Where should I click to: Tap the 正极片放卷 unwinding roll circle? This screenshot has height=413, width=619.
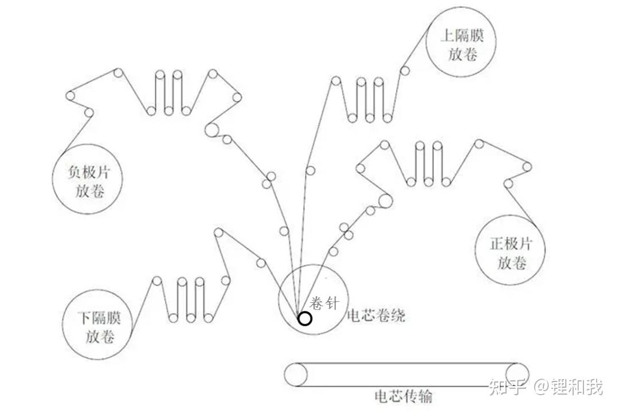[510, 251]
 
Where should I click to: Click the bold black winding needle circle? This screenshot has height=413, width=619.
[305, 318]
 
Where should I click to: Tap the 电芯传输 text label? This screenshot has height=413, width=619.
[403, 396]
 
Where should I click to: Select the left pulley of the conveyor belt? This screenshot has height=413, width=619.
[296, 375]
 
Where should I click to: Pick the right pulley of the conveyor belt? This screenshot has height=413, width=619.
[517, 375]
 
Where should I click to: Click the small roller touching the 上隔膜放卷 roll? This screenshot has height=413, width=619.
[405, 72]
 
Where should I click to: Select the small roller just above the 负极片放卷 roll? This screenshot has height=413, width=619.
[89, 113]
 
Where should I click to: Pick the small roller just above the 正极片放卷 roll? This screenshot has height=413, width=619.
[508, 184]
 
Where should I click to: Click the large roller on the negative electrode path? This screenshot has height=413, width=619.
[211, 130]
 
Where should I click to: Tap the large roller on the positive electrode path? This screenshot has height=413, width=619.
[385, 201]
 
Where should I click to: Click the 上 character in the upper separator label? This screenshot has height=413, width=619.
[448, 36]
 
